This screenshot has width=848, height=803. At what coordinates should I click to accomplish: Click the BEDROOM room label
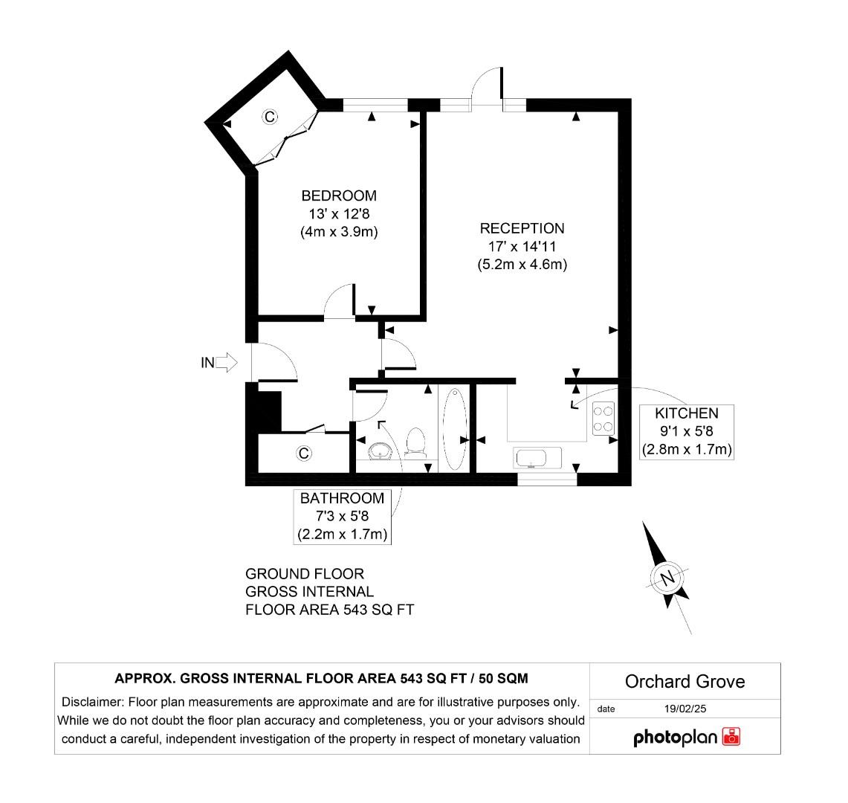coord(338,196)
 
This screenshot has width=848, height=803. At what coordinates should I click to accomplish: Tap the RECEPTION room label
coord(522,229)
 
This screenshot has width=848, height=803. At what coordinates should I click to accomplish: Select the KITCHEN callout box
coord(686,431)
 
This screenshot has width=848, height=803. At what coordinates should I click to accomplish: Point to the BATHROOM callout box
coord(342,516)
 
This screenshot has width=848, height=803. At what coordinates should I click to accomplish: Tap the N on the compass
coord(667,578)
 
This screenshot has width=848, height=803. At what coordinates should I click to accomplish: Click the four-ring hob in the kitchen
coord(603,418)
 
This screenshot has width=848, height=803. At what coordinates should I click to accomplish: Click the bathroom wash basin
coord(381,451)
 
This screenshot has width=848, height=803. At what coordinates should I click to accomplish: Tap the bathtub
coord(454,429)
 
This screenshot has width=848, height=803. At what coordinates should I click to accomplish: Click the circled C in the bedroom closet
coord(271,117)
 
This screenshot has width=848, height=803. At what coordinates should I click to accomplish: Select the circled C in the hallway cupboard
coord(302,453)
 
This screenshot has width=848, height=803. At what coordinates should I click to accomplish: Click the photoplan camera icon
coord(731,737)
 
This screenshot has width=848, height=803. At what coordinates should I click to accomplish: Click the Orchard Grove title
coord(684,681)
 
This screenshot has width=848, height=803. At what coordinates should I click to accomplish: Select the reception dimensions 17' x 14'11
coord(522,246)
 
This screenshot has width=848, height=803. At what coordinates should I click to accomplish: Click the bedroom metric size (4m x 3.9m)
coord(338,231)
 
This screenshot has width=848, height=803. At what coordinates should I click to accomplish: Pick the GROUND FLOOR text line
coord(305,574)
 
